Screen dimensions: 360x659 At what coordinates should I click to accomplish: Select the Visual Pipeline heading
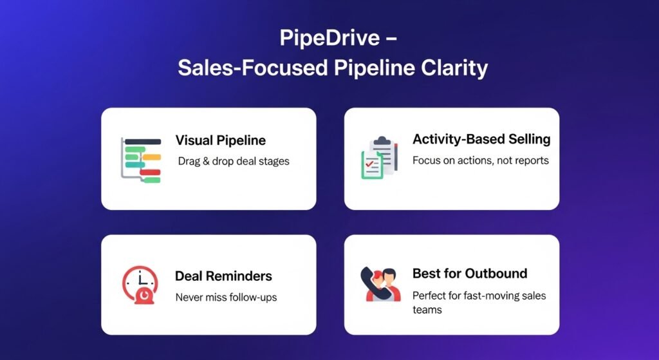[220, 140]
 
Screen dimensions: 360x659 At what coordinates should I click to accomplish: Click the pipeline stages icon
[141, 160]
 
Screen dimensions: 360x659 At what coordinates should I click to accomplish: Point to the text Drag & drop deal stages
[234, 161]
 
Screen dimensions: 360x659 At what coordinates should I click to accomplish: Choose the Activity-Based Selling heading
[481, 139]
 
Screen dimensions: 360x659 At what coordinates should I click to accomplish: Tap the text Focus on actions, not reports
[480, 160]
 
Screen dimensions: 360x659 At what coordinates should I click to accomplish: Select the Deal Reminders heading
[223, 276]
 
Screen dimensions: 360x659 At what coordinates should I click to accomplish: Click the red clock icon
[140, 284]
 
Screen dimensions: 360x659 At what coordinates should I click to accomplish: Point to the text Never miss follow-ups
[226, 298]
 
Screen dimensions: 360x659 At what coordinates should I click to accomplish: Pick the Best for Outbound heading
[469, 273]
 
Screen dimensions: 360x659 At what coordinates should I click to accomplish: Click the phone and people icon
[380, 283]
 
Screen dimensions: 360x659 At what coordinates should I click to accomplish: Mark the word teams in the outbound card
[427, 310]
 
